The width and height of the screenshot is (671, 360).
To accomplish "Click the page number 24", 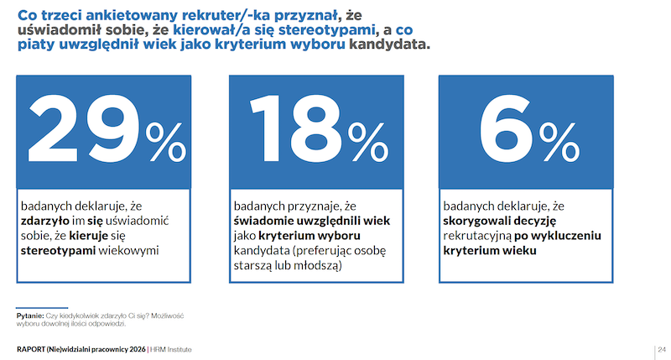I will point(661,348).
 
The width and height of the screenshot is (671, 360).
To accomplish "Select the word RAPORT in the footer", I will point(33,348).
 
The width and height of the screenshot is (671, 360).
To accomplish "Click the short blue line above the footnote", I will point(43,306).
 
